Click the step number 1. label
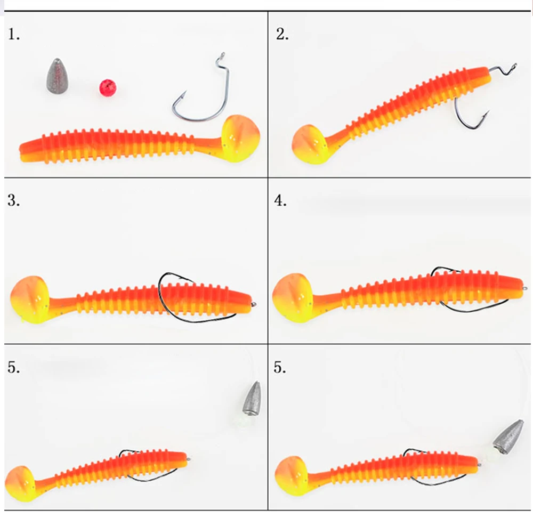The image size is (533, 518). (14, 34)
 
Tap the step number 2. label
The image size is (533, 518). (282, 34)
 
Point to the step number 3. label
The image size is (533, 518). (14, 200)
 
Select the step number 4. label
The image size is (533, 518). (280, 200)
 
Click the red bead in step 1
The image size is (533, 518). (108, 88)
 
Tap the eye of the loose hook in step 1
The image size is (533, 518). (223, 55)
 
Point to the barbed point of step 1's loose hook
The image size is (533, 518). (184, 94)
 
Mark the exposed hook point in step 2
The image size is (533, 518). (487, 113)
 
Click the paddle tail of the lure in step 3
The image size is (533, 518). (30, 299)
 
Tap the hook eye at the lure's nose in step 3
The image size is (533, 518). (254, 304)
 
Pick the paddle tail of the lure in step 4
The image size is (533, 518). (293, 298)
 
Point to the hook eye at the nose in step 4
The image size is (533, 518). (524, 288)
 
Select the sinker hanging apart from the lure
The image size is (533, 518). (252, 398)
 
